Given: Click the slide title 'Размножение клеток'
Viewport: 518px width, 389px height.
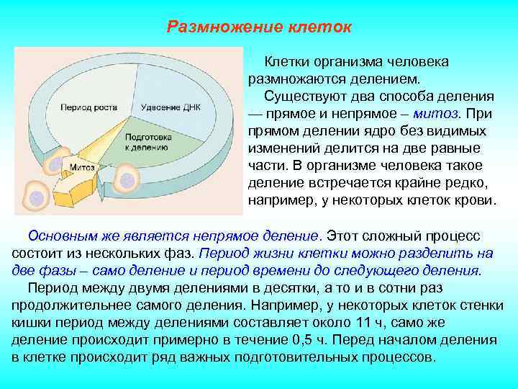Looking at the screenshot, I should click(x=259, y=27).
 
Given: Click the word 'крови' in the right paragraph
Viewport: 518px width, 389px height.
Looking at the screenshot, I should click(x=476, y=199).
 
